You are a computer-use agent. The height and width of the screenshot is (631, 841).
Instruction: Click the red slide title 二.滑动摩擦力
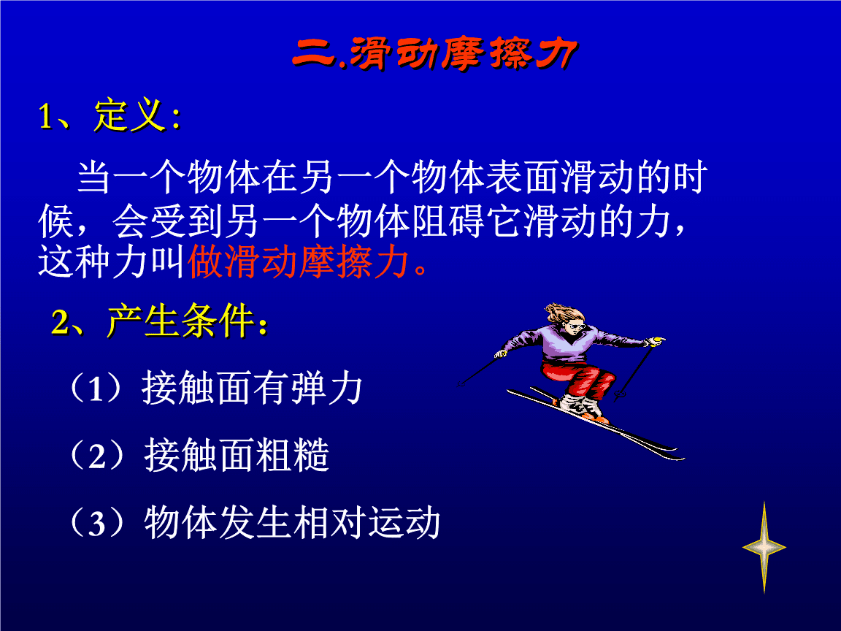[x=435, y=53]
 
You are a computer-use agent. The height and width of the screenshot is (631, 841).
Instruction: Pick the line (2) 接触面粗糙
[x=199, y=456]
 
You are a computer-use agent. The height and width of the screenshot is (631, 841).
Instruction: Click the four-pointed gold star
[x=764, y=547]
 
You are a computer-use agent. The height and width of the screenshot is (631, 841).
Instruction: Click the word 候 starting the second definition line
[x=55, y=221]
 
